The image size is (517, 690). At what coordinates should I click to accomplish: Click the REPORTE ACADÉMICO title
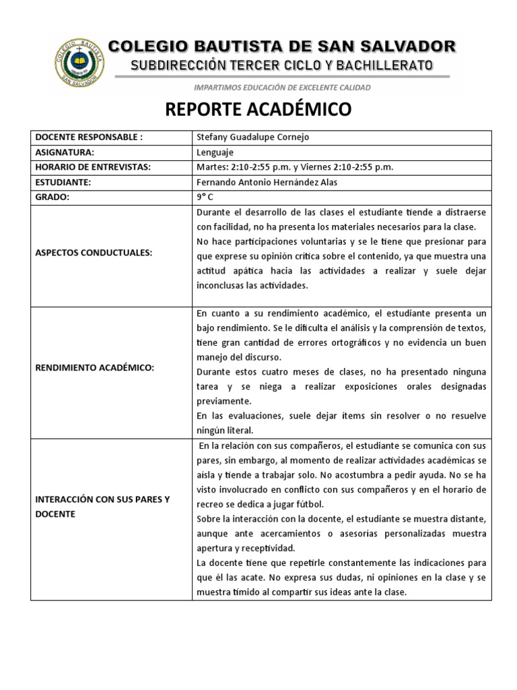(x=258, y=110)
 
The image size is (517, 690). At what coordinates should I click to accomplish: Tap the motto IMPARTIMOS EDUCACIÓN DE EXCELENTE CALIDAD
(x=282, y=88)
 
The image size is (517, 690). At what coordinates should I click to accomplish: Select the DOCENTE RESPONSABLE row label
(x=88, y=137)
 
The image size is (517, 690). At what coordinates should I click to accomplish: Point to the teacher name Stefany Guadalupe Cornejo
(x=252, y=137)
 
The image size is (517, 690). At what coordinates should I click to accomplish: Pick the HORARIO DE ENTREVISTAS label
(x=93, y=167)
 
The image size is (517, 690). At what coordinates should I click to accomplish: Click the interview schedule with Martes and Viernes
(x=295, y=167)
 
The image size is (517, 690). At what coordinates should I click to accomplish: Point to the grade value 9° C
(x=204, y=197)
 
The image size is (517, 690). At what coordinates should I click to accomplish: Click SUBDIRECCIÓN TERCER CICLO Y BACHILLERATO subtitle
(x=282, y=65)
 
